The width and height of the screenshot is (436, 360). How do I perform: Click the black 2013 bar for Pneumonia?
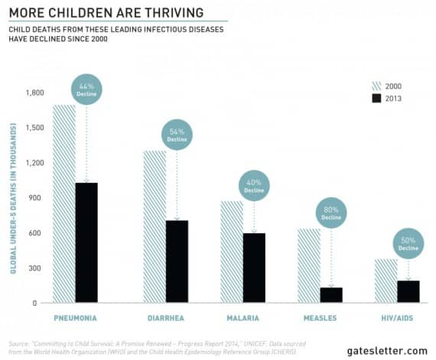86,242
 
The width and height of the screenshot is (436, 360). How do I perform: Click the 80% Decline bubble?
330,215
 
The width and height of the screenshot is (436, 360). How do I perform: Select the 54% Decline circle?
177,135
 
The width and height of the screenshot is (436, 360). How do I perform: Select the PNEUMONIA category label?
75,317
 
